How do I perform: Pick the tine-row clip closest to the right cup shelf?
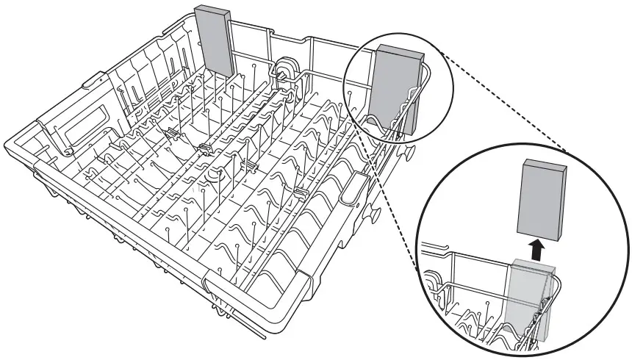pyautogui.click(x=299, y=192)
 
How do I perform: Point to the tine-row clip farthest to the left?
pyautogui.click(x=170, y=132)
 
